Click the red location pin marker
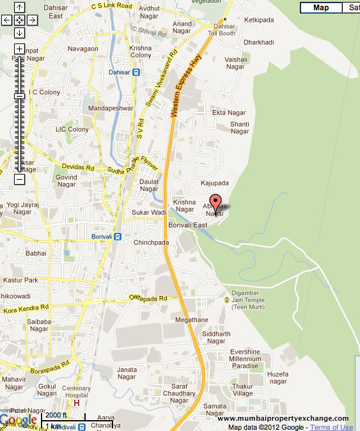pos(215,200)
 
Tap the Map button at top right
pos(321,8)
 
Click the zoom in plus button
pos(19,49)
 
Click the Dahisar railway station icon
pos(136,72)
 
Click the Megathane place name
pos(192,320)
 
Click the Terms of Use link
pos(331,427)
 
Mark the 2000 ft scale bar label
pos(56,415)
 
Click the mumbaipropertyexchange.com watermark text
pos(283,418)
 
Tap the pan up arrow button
pos(19,8)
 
